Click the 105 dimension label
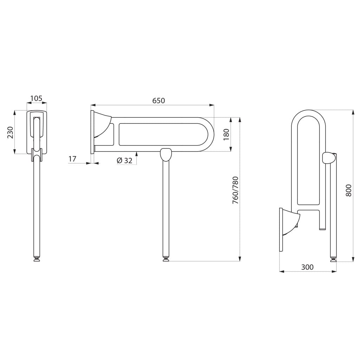click(37, 98)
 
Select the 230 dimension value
click(11, 133)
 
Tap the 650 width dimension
click(159, 101)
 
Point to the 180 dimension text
click(226, 134)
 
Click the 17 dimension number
click(72, 159)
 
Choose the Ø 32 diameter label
click(125, 160)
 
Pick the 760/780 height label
click(236, 190)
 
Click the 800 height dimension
click(348, 190)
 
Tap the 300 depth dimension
click(307, 267)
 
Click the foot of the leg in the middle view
click(166, 259)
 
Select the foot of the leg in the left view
click(37, 259)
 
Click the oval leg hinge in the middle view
click(166, 155)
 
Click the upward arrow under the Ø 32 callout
click(137, 158)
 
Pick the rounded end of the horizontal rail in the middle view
click(208, 134)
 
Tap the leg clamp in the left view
click(37, 153)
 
